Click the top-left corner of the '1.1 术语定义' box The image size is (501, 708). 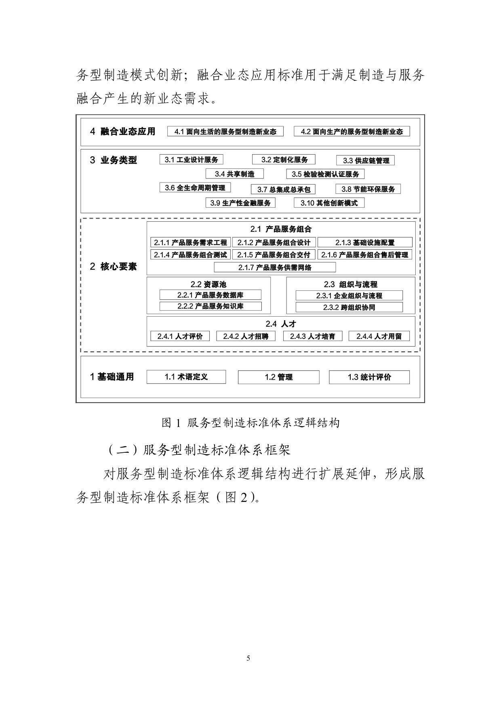(x=147, y=370)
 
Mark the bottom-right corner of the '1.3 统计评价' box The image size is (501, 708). (x=409, y=384)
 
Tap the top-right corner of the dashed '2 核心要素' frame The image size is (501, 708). (x=420, y=218)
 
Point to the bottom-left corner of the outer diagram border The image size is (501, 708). (x=76, y=402)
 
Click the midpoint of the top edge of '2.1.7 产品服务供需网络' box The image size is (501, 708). (x=275, y=263)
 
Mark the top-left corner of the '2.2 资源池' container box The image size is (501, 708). (x=147, y=277)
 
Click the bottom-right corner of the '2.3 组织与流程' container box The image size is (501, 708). (x=415, y=314)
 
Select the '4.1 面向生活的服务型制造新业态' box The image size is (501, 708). (x=225, y=131)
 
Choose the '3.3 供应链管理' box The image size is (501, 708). (x=366, y=160)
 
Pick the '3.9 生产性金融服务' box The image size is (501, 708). (x=240, y=203)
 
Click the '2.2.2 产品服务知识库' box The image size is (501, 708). (x=211, y=306)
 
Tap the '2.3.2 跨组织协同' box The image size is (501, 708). (x=349, y=307)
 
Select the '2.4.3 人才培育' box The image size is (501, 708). (x=313, y=336)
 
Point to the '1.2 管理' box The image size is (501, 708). (x=278, y=377)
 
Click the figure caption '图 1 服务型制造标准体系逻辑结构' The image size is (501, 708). (x=250, y=423)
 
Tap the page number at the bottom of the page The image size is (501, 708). (x=248, y=658)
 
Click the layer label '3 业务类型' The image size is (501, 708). (x=113, y=160)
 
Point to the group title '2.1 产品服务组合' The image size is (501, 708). (x=281, y=229)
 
